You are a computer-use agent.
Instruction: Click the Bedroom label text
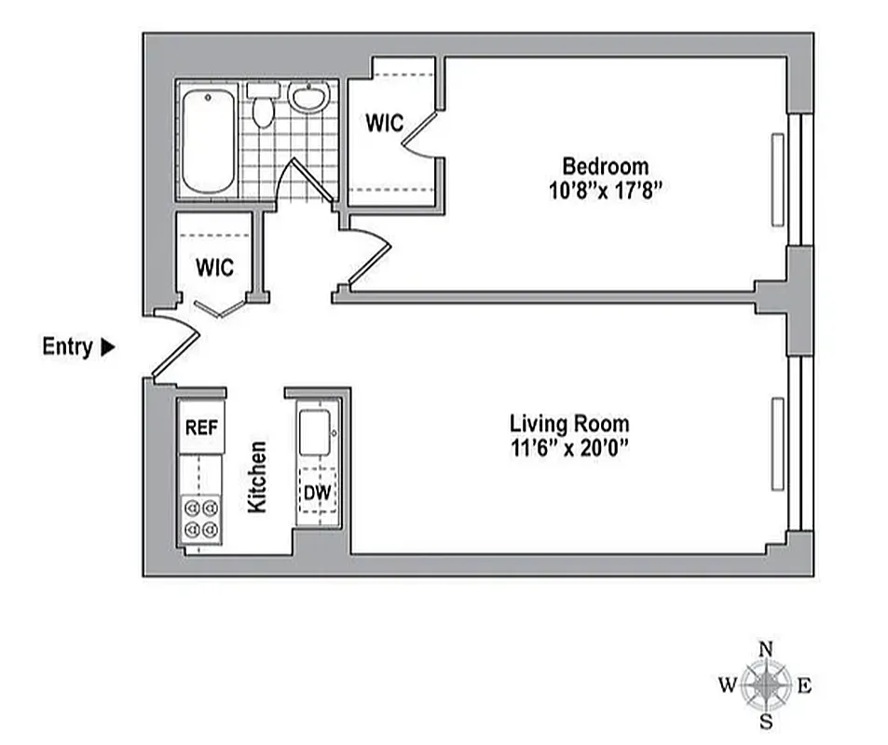(x=605, y=167)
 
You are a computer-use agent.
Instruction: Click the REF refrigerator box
(x=201, y=428)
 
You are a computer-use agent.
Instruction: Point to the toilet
(x=263, y=107)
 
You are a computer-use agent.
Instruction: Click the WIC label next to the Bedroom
(x=383, y=123)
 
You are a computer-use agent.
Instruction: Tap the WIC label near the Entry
(x=214, y=267)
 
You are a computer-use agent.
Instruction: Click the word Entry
(x=67, y=347)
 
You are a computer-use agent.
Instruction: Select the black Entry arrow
(x=107, y=347)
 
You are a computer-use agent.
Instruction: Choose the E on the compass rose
(x=805, y=687)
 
